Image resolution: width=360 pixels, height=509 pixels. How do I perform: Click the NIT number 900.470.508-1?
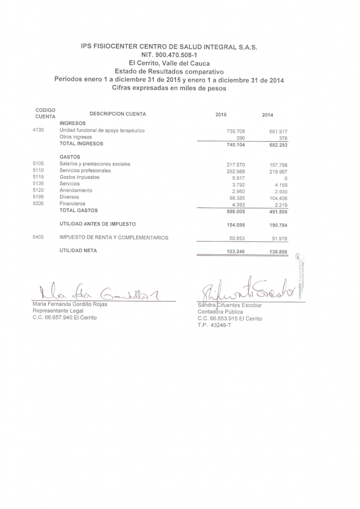(x=170, y=55)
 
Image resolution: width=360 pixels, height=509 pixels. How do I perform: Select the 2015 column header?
(x=221, y=115)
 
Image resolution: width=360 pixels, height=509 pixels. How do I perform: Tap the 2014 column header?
(x=268, y=115)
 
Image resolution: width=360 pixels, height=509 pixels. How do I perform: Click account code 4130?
(x=38, y=130)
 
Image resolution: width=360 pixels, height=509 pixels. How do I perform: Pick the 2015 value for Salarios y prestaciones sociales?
(x=236, y=165)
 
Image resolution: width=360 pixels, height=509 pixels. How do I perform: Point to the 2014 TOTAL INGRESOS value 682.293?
(x=278, y=145)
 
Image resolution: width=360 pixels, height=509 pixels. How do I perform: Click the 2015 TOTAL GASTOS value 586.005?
(x=236, y=211)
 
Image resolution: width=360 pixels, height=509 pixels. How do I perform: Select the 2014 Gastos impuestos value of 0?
(x=286, y=177)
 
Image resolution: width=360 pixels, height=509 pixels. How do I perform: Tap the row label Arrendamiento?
(x=76, y=190)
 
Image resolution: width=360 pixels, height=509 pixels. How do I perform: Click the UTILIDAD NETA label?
(x=78, y=251)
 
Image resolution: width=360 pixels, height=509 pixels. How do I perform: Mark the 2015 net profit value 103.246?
(x=236, y=252)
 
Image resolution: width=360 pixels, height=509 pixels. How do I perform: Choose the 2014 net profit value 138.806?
(x=278, y=252)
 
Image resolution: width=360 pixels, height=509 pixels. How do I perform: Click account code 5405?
(x=38, y=237)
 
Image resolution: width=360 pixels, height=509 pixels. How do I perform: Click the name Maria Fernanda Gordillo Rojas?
(x=69, y=304)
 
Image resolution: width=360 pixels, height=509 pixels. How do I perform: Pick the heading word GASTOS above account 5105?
(x=70, y=157)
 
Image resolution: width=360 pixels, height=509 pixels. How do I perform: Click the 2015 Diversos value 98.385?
(x=237, y=197)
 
